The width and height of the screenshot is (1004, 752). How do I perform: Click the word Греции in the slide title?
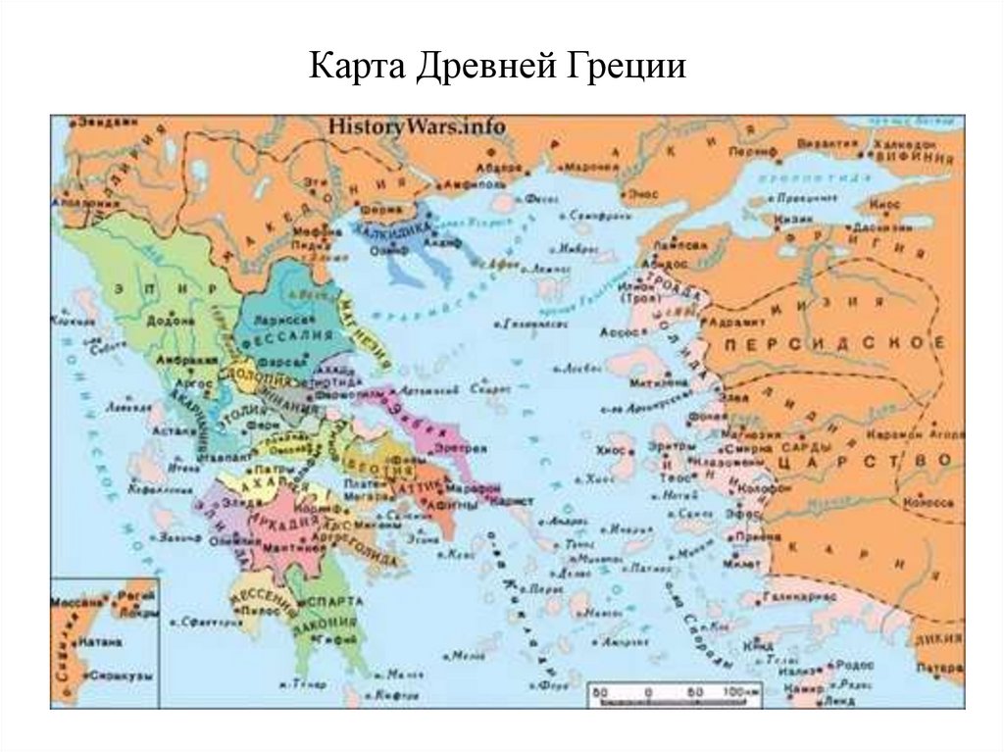tap(627, 72)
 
